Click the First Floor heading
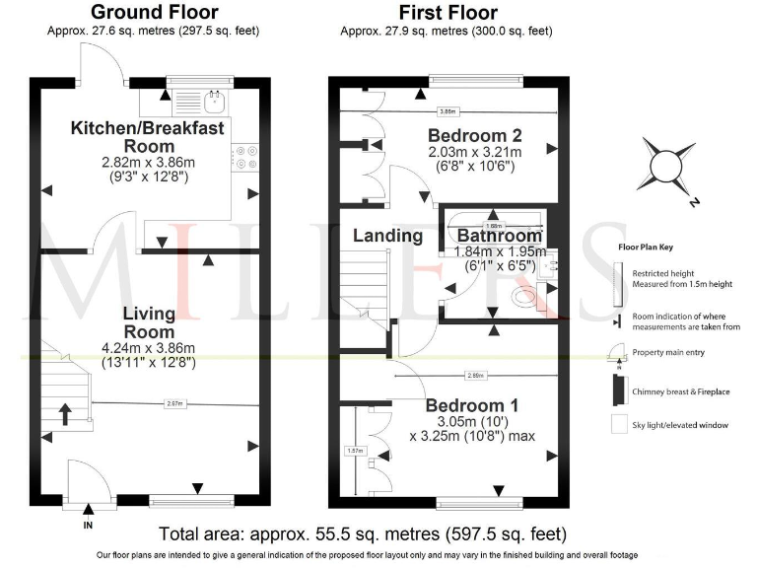click(x=448, y=13)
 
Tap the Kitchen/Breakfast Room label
click(x=147, y=137)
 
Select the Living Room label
click(x=149, y=322)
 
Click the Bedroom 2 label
click(x=474, y=135)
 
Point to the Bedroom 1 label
click(x=472, y=405)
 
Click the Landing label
click(x=387, y=236)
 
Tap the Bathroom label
click(x=500, y=237)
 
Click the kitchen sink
click(x=213, y=99)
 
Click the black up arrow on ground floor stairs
click(x=65, y=411)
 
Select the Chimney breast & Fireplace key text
click(x=680, y=391)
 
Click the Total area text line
click(x=363, y=534)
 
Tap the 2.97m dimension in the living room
click(x=174, y=402)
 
